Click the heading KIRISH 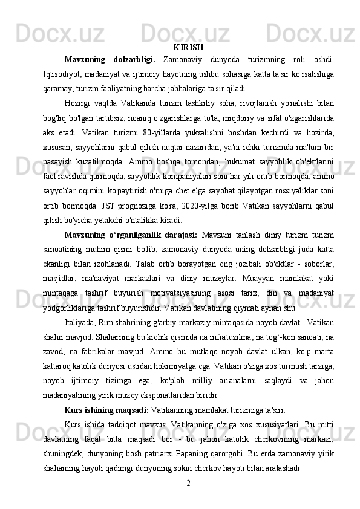pos(188,47)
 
